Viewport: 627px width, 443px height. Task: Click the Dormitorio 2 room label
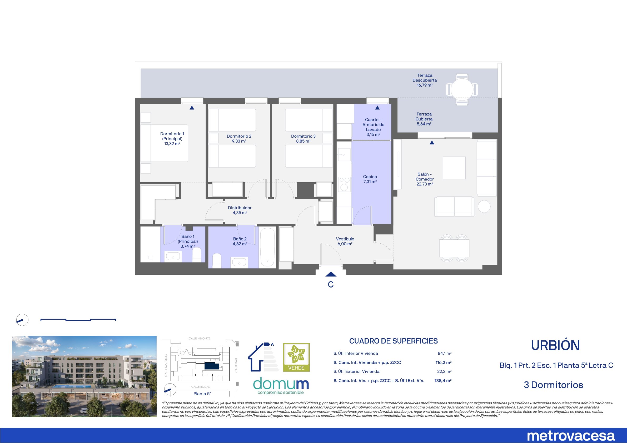coord(239,139)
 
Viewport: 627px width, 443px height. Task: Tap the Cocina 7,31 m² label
coord(370,179)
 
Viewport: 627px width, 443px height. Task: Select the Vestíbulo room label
coord(345,241)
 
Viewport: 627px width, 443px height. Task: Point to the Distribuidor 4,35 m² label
coord(240,210)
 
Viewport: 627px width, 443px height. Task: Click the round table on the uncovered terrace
coord(462,89)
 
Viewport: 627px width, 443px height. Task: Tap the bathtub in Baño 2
coord(267,247)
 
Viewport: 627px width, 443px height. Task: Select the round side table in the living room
coord(484,206)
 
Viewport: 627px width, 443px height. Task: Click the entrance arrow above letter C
coord(331,274)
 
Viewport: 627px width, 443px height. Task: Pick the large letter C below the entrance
coord(331,284)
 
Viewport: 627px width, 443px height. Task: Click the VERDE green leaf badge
coord(296,357)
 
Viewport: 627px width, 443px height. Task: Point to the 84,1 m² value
coord(445,354)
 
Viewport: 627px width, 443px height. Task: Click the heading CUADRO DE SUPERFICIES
coord(393,341)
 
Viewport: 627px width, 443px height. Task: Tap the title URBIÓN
coord(555,345)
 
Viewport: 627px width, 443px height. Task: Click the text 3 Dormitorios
coord(554,385)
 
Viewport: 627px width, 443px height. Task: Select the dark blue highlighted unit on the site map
coord(212,366)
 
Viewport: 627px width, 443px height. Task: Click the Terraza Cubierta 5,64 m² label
coord(424,119)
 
